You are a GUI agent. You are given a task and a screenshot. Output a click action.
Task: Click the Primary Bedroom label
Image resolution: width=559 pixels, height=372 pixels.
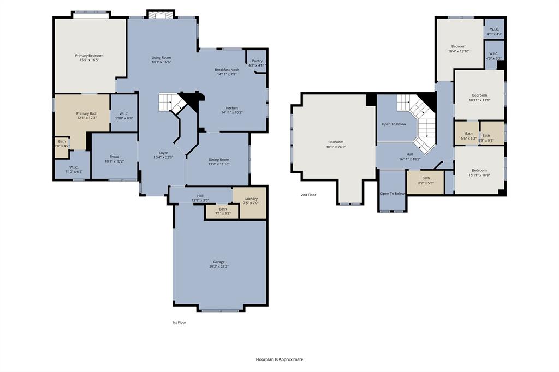tap(89, 56)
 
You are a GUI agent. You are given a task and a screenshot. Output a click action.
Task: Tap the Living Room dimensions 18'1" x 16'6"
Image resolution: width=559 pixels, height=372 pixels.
tap(161, 62)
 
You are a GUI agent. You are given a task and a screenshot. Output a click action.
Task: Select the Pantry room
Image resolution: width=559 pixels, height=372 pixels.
tap(257, 63)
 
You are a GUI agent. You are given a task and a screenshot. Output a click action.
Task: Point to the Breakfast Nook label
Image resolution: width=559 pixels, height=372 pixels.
tap(227, 70)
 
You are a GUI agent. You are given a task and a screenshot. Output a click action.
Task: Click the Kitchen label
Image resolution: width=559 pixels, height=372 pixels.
tap(229, 108)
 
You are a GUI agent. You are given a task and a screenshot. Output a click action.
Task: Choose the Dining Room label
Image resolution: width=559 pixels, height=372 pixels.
tap(218, 160)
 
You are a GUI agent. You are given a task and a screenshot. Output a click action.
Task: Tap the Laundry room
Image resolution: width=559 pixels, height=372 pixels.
tap(251, 200)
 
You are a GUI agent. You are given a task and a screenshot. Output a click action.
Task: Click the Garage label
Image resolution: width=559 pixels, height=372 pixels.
tap(218, 262)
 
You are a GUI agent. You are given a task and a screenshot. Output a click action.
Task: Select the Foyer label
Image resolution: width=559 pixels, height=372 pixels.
tap(163, 153)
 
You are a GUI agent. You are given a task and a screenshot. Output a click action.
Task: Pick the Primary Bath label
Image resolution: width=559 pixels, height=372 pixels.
tap(86, 113)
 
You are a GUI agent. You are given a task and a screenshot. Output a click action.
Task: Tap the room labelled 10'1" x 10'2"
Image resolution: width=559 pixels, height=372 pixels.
tap(114, 159)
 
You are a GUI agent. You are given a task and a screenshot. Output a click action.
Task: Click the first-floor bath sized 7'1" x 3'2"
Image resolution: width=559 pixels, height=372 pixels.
tap(223, 211)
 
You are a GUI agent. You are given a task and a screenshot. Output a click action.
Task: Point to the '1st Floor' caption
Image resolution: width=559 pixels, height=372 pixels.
tap(179, 323)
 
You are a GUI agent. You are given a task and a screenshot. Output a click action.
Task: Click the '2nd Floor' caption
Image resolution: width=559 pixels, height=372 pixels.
tap(308, 195)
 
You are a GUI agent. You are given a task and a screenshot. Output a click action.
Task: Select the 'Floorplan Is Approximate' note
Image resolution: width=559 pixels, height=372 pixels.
tap(279, 359)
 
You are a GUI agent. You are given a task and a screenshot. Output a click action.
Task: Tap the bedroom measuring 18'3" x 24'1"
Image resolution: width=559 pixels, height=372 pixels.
tap(336, 145)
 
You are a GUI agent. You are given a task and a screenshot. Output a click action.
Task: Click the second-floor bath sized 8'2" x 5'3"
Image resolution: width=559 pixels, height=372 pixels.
tap(426, 180)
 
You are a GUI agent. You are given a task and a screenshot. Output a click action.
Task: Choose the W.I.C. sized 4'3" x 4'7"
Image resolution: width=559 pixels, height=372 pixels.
tap(494, 32)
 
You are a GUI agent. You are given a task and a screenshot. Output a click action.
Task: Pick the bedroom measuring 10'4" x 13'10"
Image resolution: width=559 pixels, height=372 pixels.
tap(459, 49)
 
